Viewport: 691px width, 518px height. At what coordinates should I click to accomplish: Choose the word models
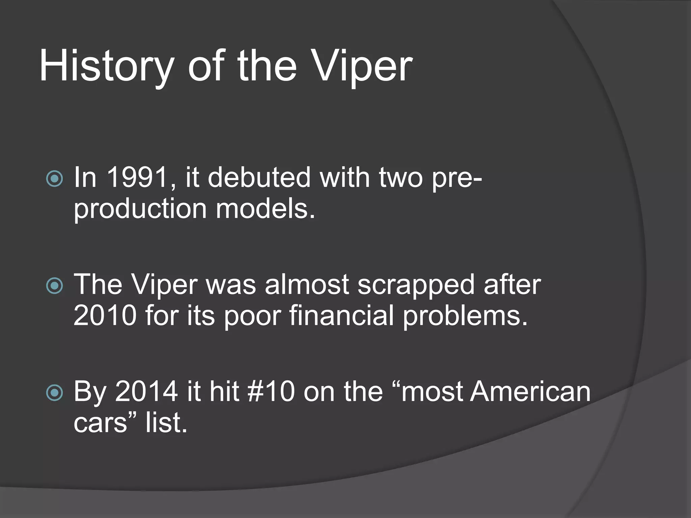[x=265, y=208]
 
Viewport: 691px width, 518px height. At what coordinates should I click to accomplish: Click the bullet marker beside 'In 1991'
[x=54, y=179]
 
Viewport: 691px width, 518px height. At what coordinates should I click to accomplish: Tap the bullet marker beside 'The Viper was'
[x=54, y=286]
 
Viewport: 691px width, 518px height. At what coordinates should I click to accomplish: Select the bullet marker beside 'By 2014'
[x=54, y=393]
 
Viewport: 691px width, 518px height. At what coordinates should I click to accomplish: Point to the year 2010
[x=105, y=315]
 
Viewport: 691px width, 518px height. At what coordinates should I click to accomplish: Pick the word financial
[x=341, y=315]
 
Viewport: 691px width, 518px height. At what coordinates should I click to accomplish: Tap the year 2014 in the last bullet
[x=146, y=391]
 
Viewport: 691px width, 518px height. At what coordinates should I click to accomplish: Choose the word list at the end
[x=166, y=422]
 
